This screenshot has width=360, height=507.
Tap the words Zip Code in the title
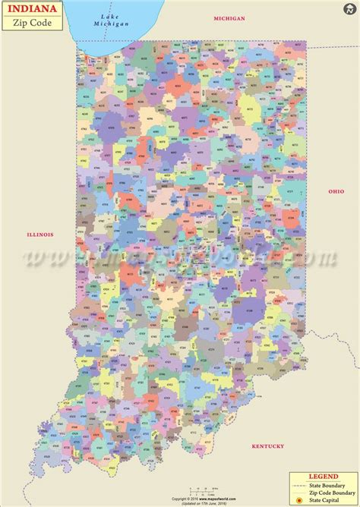coord(27,22)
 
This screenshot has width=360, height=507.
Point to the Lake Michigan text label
coord(115,20)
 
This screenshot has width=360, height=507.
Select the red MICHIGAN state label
coord(229,17)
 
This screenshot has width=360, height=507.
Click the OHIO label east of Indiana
coord(336,191)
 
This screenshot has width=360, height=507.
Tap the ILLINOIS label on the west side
coord(39,235)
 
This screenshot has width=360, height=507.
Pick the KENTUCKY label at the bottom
coord(268,446)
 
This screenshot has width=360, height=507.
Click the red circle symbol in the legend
coord(300,500)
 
